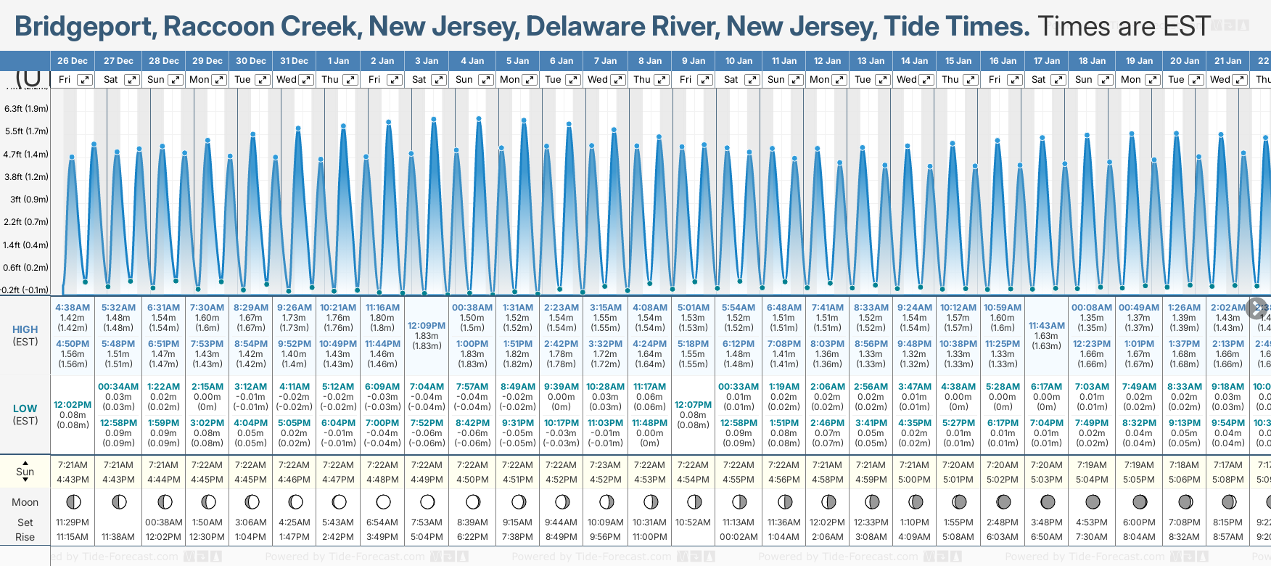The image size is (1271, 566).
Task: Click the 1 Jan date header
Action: pos(338,61)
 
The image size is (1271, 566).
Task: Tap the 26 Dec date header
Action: pos(72,61)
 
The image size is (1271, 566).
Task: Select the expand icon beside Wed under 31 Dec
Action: pos(306,80)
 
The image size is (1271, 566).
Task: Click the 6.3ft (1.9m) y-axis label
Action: pos(26,109)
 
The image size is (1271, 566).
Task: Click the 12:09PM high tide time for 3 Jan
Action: pos(427,326)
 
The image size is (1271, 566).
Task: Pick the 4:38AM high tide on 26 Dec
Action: pos(73,308)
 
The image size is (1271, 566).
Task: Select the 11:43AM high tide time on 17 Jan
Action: pos(1047,326)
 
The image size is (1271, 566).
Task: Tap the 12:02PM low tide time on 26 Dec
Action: pos(73,405)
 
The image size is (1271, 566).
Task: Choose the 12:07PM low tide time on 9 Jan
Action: pos(693,405)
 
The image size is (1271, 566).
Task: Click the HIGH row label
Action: pos(25,329)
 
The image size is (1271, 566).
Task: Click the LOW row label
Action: pos(25,409)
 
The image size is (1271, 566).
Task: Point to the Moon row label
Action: pos(25,502)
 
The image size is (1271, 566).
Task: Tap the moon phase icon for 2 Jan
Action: pos(383,501)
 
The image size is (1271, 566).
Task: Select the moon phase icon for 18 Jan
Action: pos(1093,501)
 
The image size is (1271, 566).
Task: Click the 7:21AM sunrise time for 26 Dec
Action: pos(73,465)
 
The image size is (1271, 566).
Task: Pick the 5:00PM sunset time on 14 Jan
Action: pos(914,480)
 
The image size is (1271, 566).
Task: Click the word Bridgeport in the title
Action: pos(83,27)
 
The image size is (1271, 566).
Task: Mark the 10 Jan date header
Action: pos(739,61)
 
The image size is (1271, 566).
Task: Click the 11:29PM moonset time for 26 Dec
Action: pos(73,522)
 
